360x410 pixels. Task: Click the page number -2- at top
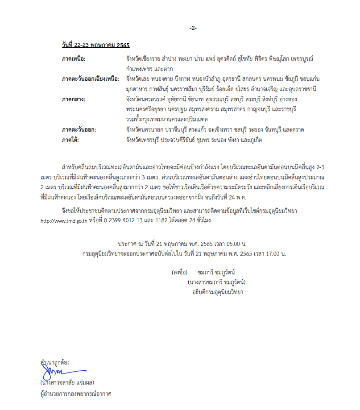(193, 28)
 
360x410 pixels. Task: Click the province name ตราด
(297, 129)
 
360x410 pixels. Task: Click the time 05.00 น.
(234, 244)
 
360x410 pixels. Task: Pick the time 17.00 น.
(273, 253)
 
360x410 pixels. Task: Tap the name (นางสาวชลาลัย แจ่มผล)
(67, 383)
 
